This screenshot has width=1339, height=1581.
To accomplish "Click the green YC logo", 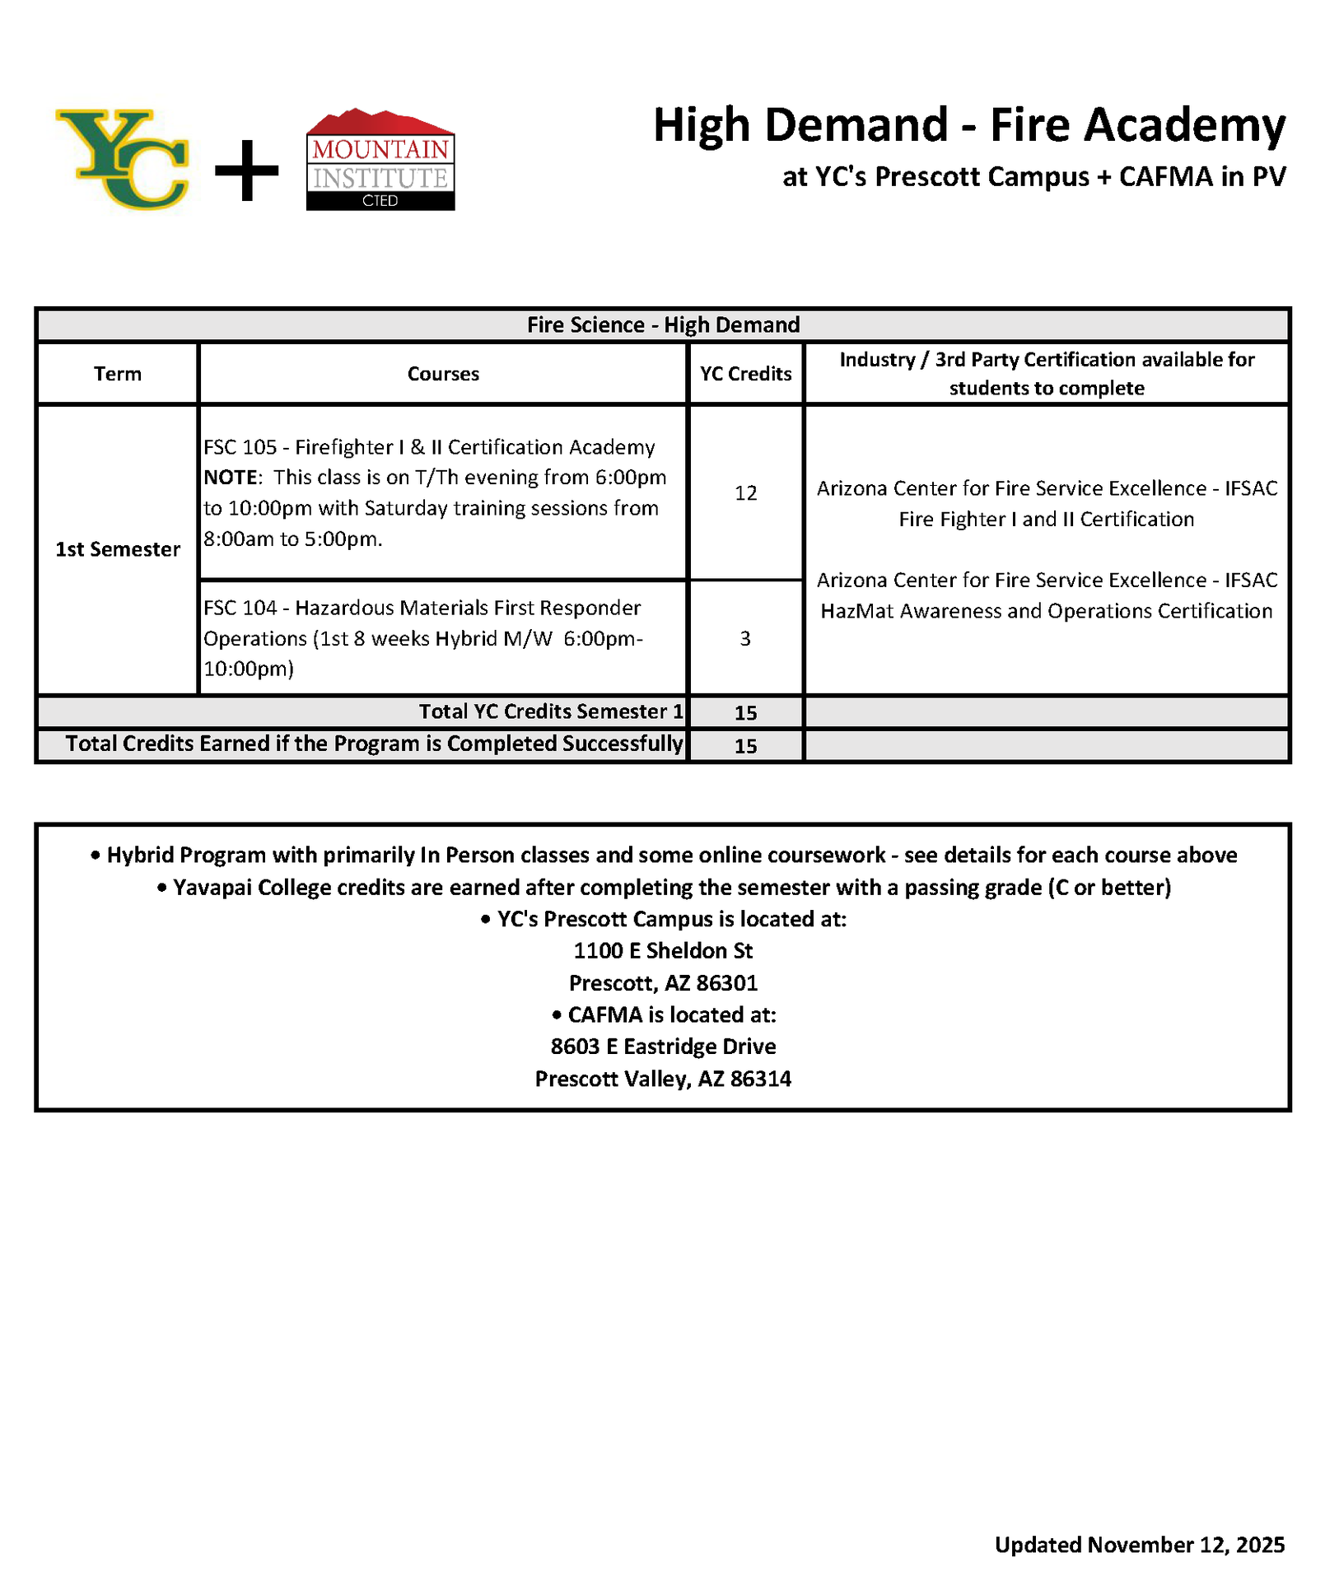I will [122, 159].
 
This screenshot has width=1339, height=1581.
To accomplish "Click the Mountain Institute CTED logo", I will [380, 160].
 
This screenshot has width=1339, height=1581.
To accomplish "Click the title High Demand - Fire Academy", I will [968, 125].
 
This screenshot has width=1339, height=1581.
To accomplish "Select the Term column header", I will [118, 374].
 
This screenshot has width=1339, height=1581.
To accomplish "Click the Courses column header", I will [443, 374].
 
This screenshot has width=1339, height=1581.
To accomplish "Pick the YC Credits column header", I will [745, 374].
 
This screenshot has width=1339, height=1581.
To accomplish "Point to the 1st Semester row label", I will [118, 549].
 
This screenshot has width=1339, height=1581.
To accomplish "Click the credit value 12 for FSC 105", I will [745, 493].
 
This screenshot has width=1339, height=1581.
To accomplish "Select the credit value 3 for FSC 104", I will [745, 639].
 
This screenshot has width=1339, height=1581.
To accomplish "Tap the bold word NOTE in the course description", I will [231, 478].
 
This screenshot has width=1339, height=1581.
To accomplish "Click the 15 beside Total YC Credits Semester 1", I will [745, 713].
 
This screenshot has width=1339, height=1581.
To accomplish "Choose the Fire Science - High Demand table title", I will [663, 325].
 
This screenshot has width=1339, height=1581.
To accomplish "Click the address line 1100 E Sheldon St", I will [663, 951].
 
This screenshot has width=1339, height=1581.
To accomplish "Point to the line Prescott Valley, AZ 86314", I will [663, 1079].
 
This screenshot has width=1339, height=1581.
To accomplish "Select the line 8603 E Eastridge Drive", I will [663, 1047].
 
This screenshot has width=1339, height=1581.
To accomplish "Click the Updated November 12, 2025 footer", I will [1139, 1545].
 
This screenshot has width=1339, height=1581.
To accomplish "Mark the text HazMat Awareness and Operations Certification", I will [1046, 611].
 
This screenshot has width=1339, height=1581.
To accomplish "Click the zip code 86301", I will [727, 983].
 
